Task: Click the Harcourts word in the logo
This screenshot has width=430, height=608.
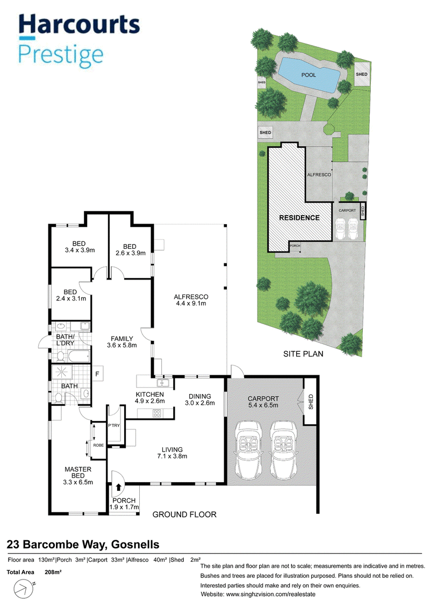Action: click(x=79, y=25)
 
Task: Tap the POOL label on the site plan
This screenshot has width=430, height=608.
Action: click(x=309, y=75)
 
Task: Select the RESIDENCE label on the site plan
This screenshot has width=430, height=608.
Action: click(x=299, y=218)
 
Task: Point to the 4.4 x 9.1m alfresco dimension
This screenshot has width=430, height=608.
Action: click(x=191, y=303)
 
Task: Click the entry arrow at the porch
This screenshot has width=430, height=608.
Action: click(x=118, y=488)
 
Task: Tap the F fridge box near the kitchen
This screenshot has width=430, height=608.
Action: click(x=97, y=374)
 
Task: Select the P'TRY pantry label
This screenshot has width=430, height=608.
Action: click(x=114, y=425)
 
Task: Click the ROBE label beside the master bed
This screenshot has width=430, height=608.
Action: click(x=98, y=445)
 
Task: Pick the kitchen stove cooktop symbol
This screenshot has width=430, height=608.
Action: click(x=156, y=413)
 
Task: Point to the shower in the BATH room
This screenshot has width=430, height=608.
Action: click(x=62, y=373)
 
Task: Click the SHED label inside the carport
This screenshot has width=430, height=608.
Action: click(x=311, y=402)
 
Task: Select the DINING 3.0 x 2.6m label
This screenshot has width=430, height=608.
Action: click(x=200, y=399)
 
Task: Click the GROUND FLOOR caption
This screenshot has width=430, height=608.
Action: click(x=184, y=514)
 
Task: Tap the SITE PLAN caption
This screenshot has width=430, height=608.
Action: click(x=303, y=354)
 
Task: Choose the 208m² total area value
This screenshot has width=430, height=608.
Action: click(x=53, y=572)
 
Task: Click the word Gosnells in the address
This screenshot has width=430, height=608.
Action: click(x=135, y=545)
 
